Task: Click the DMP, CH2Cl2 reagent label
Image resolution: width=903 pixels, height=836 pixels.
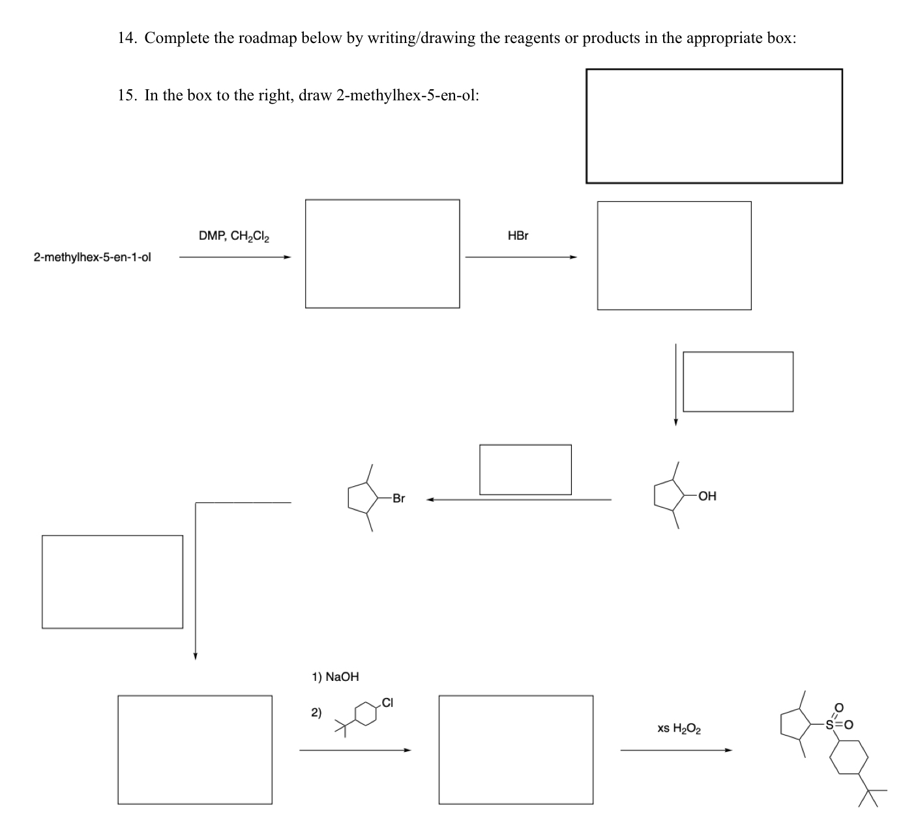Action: coord(234,236)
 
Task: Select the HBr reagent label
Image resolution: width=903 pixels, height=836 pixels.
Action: coord(518,236)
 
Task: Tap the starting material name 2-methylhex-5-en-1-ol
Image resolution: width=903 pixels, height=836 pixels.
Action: coord(92,257)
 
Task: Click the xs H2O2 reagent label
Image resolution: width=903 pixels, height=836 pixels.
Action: coord(679,728)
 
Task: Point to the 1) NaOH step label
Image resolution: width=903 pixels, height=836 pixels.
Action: coord(335,677)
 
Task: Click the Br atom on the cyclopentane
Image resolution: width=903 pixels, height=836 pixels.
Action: coord(398,498)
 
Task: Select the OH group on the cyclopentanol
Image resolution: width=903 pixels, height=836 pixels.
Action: coord(707,497)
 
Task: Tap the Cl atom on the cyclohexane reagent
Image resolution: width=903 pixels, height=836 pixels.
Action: coord(387,702)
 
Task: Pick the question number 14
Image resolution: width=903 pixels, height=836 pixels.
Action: coord(126,38)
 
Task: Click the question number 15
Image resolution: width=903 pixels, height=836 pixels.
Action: coord(126,96)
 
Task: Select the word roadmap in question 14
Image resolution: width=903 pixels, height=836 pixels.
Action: coord(267,38)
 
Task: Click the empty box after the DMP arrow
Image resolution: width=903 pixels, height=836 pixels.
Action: coord(382,253)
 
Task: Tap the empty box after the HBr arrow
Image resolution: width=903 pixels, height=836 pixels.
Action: coord(674,255)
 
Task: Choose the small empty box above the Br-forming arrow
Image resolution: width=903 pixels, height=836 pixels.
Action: coord(525,469)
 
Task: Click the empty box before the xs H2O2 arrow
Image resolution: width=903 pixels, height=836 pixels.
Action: coord(516,749)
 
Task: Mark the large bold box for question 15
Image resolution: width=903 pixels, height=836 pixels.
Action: coord(714,126)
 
